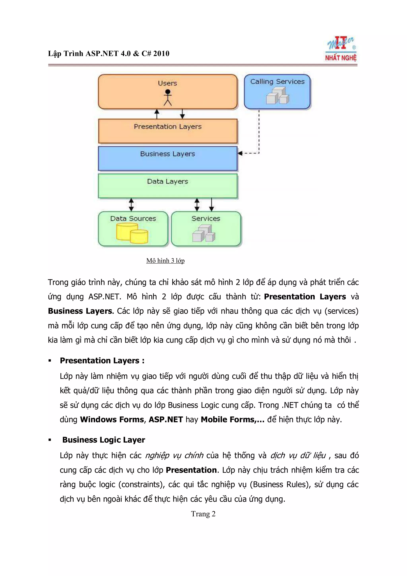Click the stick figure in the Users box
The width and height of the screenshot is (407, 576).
tap(168, 98)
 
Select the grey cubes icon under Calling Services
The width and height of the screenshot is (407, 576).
tap(277, 96)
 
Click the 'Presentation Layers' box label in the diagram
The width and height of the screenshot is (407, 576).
tap(168, 126)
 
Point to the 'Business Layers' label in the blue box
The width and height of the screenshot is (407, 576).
tap(168, 154)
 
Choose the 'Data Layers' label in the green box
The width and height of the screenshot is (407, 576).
tap(168, 181)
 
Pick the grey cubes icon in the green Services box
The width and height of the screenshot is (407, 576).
tap(204, 234)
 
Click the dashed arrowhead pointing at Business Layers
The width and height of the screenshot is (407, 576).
tap(240, 153)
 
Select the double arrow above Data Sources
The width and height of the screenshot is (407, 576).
tap(131, 205)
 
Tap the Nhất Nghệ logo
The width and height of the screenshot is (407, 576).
tap(341, 49)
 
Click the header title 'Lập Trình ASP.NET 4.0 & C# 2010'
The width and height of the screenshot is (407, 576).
tap(109, 53)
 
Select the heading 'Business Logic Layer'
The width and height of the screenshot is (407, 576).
tap(104, 440)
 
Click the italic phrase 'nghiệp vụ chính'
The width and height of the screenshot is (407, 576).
tap(174, 455)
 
